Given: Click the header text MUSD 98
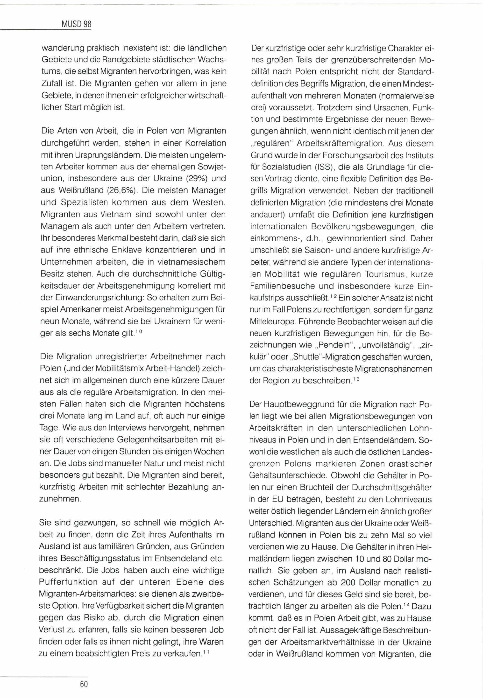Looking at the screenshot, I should point(76,24).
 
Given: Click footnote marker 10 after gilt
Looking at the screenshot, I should point(140,331).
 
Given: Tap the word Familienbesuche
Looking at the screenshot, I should point(284,286).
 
